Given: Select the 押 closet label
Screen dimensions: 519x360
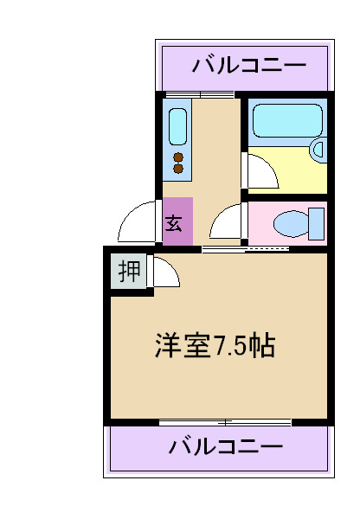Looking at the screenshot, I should pyautogui.click(x=129, y=272).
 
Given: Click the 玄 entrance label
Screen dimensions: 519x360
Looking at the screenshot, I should pyautogui.click(x=173, y=221).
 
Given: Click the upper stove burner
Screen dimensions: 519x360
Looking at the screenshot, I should pyautogui.click(x=178, y=157).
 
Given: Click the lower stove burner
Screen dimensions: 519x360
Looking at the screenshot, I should pyautogui.click(x=178, y=169).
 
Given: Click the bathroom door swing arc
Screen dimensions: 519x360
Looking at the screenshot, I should pyautogui.click(x=261, y=170).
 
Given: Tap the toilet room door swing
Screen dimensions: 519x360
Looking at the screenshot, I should pyautogui.click(x=227, y=223).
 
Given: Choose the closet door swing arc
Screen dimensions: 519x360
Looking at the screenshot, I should pyautogui.click(x=164, y=272).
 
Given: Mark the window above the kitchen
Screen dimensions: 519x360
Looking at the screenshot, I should pyautogui.click(x=200, y=93).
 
